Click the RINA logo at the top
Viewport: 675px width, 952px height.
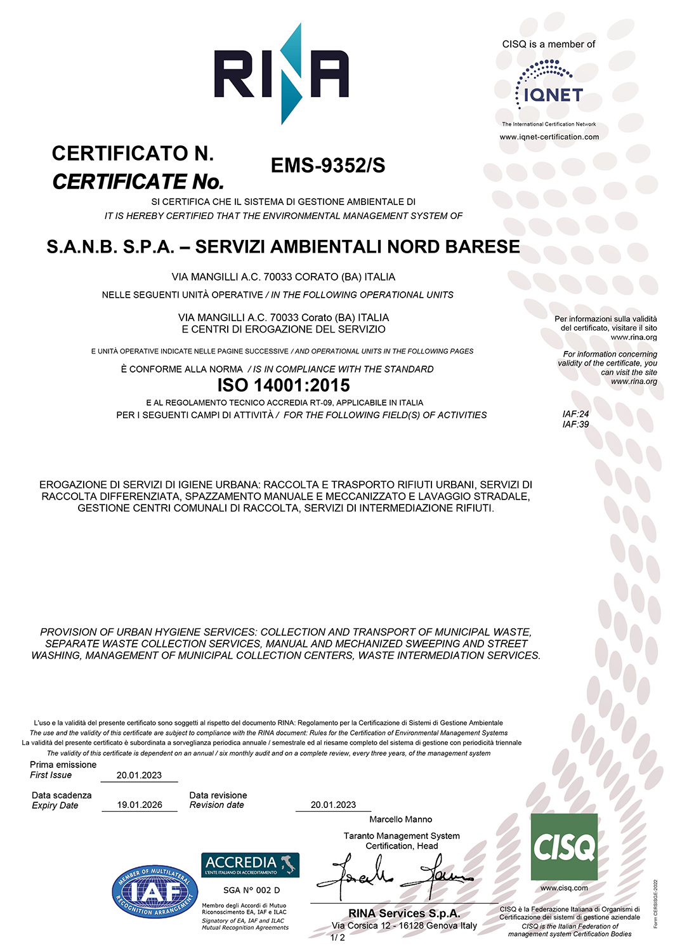coord(281,74)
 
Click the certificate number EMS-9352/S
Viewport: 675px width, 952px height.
coord(328,166)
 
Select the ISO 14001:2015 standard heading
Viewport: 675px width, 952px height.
coord(284,385)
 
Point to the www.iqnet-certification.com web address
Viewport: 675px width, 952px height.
coord(549,137)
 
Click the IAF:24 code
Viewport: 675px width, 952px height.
coord(575,414)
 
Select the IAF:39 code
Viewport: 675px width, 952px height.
coord(575,425)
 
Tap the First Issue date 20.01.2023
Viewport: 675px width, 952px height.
coord(139,775)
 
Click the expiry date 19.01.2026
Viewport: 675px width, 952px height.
coord(140,805)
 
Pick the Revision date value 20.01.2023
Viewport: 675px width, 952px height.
coord(333,805)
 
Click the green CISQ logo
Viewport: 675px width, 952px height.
coord(564,847)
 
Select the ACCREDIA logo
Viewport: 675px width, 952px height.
coord(250,864)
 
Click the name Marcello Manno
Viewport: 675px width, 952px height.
coord(401,819)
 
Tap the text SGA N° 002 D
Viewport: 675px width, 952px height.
coord(251,890)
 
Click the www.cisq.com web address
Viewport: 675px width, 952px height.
coord(564,888)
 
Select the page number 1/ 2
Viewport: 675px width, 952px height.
coord(338,937)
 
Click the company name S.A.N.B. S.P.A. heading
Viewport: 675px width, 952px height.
coord(283,247)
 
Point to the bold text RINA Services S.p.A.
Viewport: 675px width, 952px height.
coord(404,913)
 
